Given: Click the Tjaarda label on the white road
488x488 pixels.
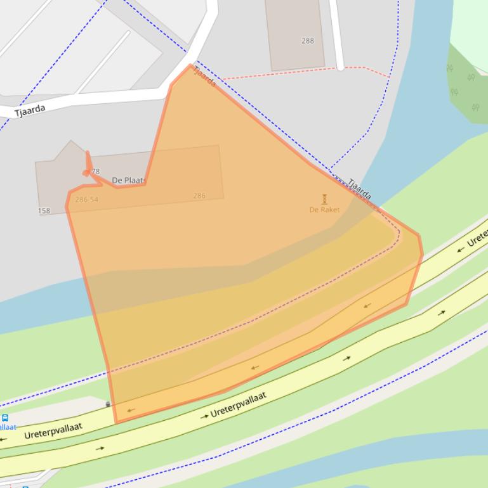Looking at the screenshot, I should (30, 110).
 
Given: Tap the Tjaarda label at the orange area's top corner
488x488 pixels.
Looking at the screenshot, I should (204, 76).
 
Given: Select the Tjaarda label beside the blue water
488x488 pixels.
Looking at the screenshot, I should (359, 189).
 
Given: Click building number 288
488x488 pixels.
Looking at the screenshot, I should (308, 41).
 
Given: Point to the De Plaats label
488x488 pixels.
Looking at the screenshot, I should (129, 181).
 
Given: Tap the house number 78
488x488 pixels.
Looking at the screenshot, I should (95, 171).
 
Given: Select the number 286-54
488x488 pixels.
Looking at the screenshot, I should (86, 200).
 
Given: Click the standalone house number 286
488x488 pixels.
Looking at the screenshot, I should (199, 196).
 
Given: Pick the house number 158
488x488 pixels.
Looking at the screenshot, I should (44, 211).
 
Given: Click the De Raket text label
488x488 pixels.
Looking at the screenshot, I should (324, 210).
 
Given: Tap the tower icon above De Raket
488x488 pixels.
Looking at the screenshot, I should (324, 199).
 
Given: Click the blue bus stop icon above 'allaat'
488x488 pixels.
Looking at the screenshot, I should (5, 418).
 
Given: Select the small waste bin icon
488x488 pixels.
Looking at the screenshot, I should (108, 404).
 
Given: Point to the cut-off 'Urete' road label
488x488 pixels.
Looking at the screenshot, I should (477, 237).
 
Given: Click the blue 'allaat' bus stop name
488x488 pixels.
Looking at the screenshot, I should (8, 427).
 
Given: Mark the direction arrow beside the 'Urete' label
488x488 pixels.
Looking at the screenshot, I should (460, 249).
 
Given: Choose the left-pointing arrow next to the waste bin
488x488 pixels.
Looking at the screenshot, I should (130, 410).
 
